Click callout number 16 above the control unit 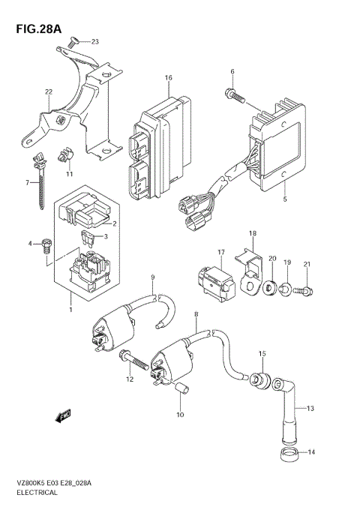click(169, 78)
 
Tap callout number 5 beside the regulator click(286, 199)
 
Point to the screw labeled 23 click(70, 44)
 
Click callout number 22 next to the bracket click(49, 92)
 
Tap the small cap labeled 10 click(179, 388)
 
